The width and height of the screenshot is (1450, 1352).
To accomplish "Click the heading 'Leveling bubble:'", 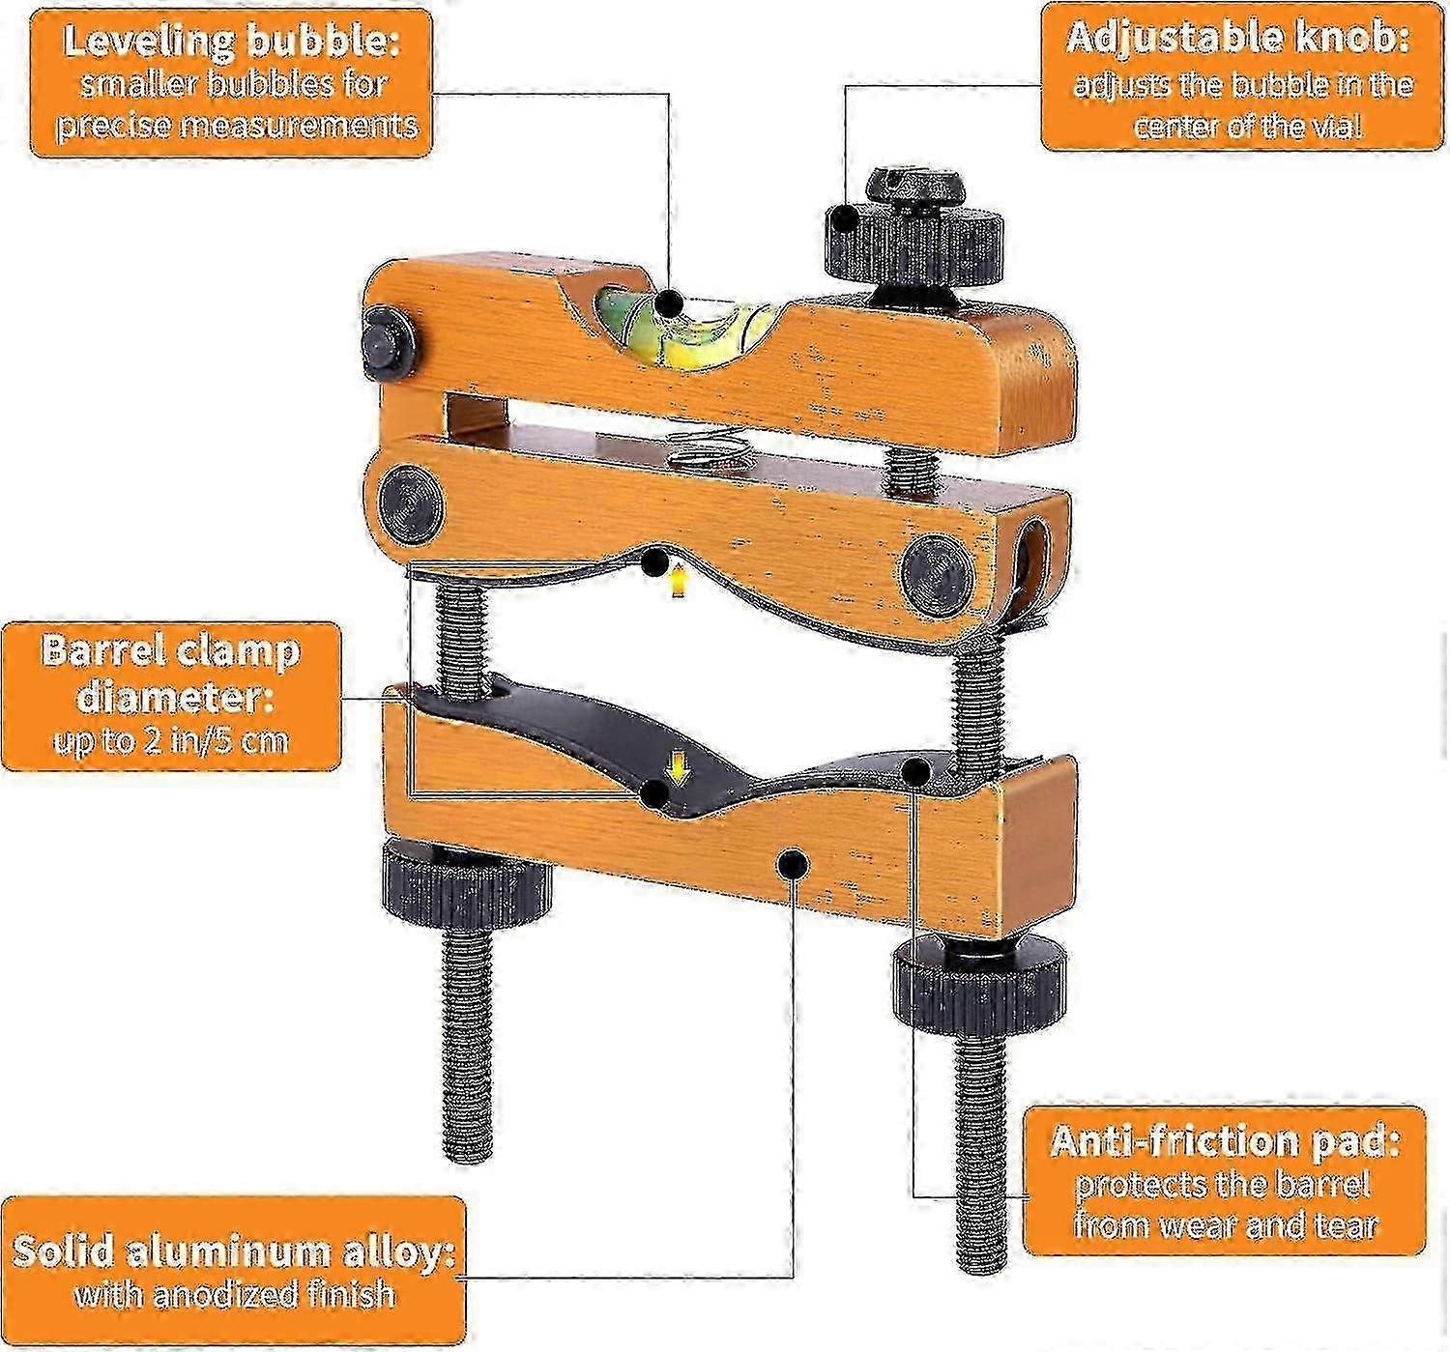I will (x=232, y=41).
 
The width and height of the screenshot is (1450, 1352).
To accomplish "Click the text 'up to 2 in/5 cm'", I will (x=171, y=740).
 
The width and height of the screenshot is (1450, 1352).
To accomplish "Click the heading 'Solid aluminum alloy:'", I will (x=233, y=1251).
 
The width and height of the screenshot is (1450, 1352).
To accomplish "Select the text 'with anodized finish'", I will (x=235, y=1293).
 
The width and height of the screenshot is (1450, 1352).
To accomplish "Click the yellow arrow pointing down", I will (x=681, y=768).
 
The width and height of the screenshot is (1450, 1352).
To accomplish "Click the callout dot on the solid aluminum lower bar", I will (x=793, y=863).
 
